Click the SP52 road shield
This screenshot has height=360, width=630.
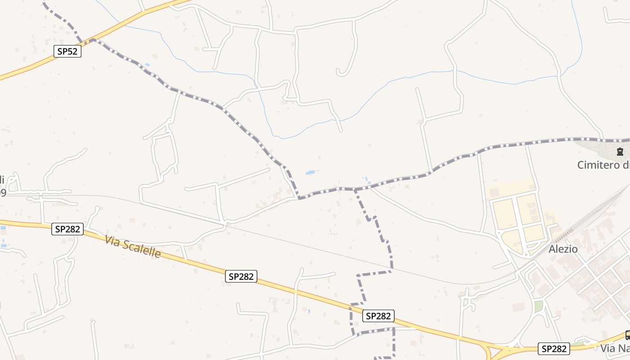67,51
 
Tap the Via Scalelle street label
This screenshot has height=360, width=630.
133,247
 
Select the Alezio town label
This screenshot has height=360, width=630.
563,249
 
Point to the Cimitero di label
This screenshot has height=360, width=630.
603,165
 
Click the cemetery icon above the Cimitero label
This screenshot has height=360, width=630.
620,152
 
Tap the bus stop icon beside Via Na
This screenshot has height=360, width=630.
627,335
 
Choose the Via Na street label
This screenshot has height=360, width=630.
615,348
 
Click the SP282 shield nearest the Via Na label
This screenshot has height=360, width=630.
554,348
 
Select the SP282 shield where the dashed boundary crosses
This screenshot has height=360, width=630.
378,316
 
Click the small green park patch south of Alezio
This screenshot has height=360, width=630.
539,306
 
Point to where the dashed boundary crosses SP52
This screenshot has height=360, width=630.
91,40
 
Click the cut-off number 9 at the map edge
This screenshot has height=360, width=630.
2,193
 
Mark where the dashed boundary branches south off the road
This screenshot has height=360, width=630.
355,189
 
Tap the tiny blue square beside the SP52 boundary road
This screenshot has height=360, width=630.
147,65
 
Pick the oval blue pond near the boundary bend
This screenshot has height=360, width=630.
310,172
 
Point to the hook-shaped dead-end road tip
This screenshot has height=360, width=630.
338,72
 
